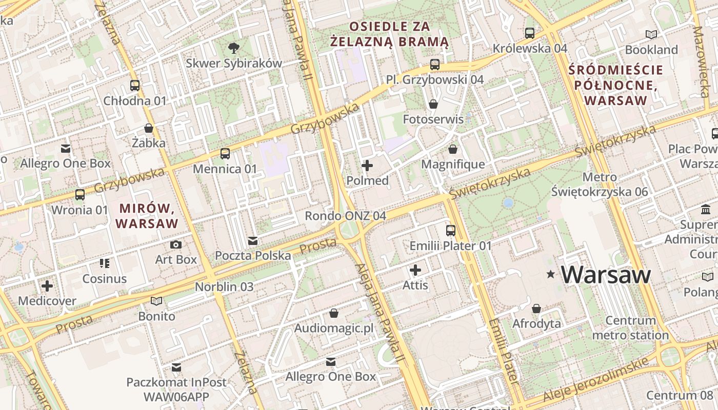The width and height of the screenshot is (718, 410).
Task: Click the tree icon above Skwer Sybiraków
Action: [x=234, y=48]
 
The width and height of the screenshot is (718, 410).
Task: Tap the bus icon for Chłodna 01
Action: [x=135, y=86]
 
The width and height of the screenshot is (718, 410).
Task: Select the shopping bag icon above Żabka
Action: [x=149, y=128]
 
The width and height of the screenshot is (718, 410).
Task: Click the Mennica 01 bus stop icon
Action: [x=225, y=153]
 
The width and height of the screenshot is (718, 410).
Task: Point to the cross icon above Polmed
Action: [x=367, y=166]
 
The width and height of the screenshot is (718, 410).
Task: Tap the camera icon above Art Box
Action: [x=176, y=244]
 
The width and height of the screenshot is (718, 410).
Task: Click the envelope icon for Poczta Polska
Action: [x=252, y=240]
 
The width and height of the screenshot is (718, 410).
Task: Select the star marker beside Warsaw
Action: [x=551, y=275]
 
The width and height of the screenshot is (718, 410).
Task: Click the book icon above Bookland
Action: [x=651, y=34]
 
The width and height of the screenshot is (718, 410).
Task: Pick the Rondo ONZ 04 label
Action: [x=345, y=216]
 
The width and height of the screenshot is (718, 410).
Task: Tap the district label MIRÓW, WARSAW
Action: [x=147, y=216]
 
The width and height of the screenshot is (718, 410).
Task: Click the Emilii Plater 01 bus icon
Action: [x=451, y=231]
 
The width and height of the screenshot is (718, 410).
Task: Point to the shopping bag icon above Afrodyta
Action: [x=536, y=309]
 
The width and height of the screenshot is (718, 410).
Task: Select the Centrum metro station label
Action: [x=630, y=328]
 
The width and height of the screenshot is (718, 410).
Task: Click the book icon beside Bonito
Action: [x=156, y=301]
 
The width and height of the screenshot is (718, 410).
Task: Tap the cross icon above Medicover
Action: [x=47, y=286]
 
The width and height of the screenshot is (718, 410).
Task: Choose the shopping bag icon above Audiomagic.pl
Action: [x=334, y=313]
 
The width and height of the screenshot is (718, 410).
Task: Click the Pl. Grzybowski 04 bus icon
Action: [x=435, y=65]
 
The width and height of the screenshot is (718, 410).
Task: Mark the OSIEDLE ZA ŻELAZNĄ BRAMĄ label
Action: [x=389, y=34]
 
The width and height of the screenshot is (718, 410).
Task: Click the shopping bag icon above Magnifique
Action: [x=453, y=149]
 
